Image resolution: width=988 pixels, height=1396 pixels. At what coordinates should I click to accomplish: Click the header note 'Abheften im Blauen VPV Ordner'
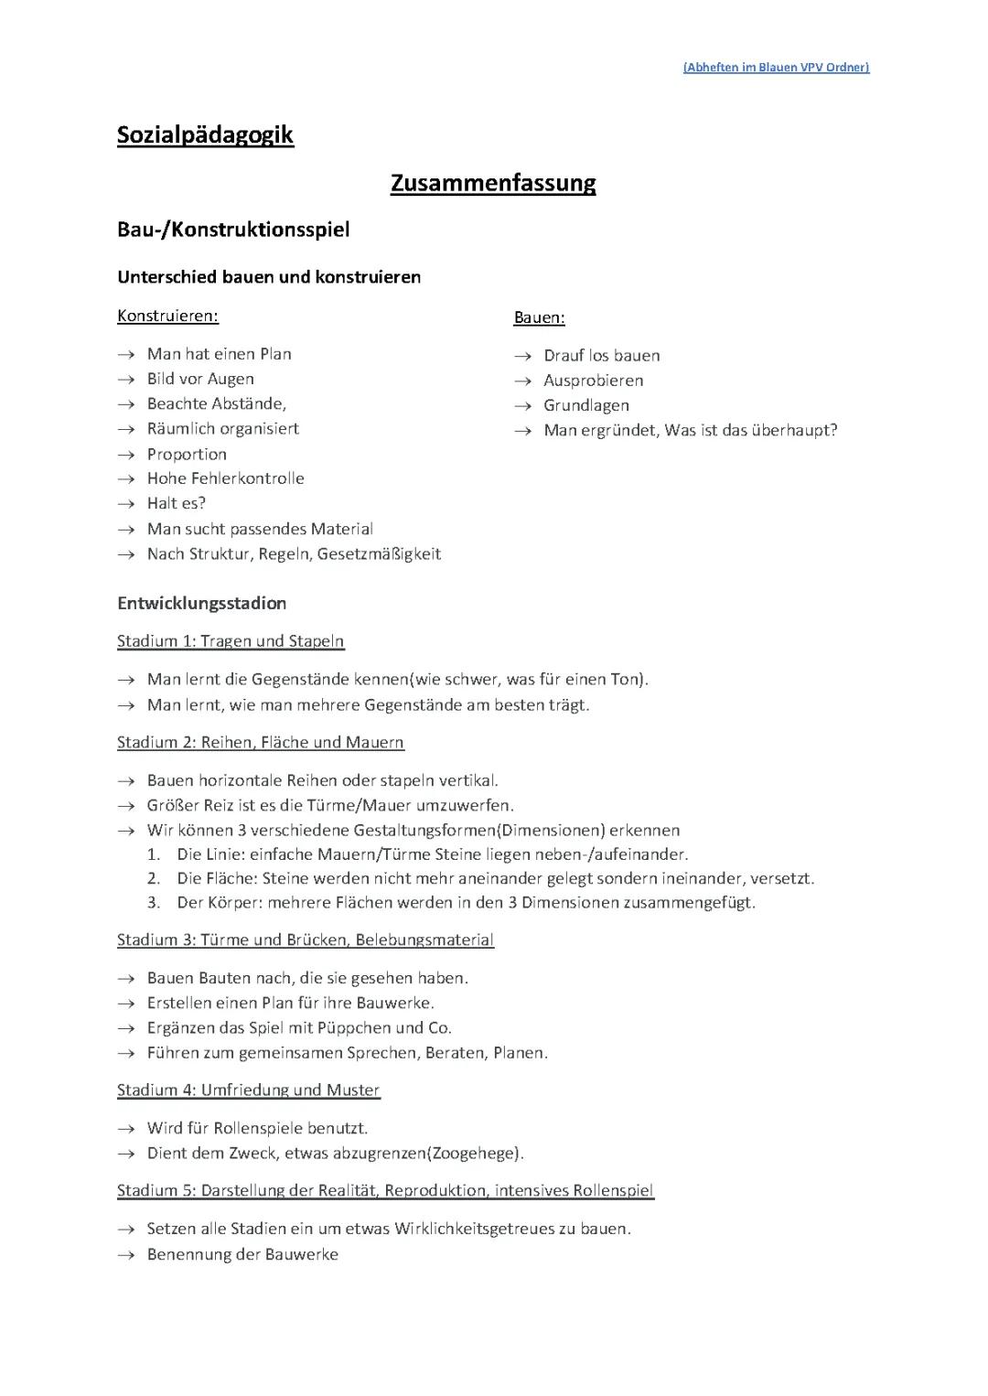coord(776,67)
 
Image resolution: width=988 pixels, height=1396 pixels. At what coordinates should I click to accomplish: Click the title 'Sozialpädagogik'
coord(205,135)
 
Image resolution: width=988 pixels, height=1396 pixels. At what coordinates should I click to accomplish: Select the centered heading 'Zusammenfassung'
coord(493,183)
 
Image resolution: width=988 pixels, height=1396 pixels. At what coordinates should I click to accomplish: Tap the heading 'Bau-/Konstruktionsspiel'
coord(233,230)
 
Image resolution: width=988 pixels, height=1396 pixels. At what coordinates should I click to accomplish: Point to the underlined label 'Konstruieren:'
coord(167,317)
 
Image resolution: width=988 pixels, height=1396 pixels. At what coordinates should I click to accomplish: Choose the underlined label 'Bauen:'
coord(539,318)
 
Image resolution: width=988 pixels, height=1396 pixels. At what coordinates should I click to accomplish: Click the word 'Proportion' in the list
coord(187,455)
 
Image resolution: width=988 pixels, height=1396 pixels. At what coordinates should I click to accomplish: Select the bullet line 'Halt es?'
coord(177,503)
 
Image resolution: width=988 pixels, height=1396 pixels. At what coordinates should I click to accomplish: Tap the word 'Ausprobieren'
coord(593,381)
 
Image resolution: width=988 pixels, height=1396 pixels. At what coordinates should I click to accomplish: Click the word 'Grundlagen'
coord(586,405)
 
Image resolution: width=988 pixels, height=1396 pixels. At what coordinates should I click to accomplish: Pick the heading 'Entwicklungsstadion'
coord(201,604)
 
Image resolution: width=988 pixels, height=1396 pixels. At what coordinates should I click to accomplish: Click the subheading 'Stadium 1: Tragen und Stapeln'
coord(231,641)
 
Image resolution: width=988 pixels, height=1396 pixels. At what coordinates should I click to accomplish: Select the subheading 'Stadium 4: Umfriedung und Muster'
coord(248,1090)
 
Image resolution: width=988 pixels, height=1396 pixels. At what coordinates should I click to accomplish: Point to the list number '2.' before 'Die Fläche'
coord(155,879)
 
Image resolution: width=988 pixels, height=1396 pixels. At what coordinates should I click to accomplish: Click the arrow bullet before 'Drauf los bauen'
coord(522,356)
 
